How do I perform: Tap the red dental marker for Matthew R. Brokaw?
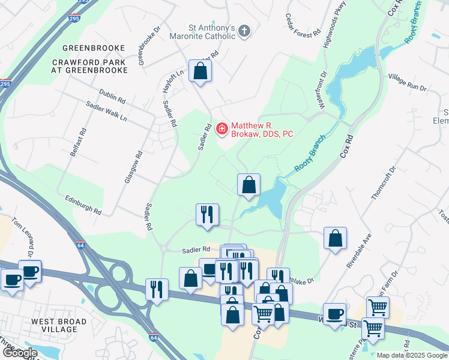click(x=221, y=128)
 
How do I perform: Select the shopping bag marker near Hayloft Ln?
click(x=200, y=71)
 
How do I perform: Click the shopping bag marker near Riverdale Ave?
click(x=335, y=238)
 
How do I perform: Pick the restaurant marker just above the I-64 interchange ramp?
click(x=156, y=290)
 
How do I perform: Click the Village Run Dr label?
click(x=406, y=83)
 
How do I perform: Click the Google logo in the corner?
click(x=19, y=353)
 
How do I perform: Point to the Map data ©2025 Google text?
click(x=412, y=355)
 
